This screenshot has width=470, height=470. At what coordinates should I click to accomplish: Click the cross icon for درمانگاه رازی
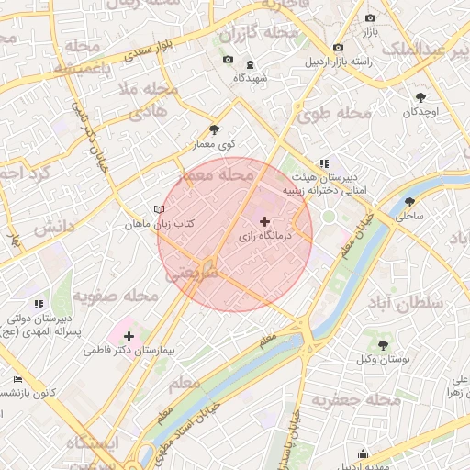point(265,221)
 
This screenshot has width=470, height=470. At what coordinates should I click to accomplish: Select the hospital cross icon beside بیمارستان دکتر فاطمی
point(129,337)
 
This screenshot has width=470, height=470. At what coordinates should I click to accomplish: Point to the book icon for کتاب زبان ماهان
point(160,210)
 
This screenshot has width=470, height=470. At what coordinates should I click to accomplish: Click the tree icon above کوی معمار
point(215,130)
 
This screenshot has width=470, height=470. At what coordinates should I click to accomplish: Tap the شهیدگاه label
point(250,78)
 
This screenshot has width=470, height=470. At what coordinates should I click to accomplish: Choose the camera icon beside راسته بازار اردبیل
point(339,47)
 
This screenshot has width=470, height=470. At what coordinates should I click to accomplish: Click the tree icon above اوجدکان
point(420,96)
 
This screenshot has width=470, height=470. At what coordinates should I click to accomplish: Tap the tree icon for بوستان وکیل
point(383,345)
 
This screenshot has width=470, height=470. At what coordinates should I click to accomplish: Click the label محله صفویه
point(117,297)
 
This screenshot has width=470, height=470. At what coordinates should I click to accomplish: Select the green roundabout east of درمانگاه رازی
point(328,218)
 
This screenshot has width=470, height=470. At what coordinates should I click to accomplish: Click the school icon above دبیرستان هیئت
point(323,162)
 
